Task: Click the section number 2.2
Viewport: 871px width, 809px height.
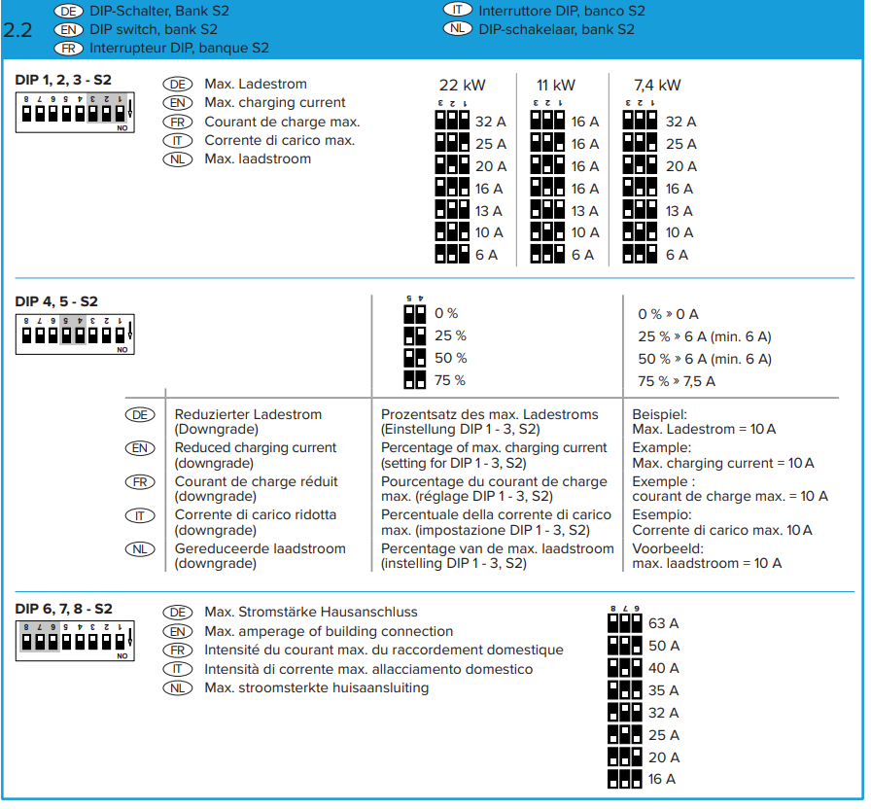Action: click(18, 29)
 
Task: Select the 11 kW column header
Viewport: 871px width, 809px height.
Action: click(555, 85)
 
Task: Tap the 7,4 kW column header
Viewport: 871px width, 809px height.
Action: click(657, 85)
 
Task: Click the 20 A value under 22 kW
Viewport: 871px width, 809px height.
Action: click(490, 166)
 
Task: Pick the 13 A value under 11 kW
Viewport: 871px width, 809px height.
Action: click(584, 211)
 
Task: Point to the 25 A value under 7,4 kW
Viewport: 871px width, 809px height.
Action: click(679, 144)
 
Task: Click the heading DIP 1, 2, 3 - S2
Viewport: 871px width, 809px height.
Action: click(64, 79)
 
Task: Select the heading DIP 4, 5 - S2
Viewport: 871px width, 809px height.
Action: click(56, 301)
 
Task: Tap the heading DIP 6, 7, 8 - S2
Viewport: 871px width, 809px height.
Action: click(64, 609)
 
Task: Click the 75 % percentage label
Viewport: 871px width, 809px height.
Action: click(449, 380)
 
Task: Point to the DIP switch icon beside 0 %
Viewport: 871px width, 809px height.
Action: click(415, 313)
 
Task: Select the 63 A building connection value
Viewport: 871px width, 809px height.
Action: click(663, 623)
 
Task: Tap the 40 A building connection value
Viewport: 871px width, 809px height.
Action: click(663, 668)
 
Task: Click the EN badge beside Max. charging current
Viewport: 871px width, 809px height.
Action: click(178, 103)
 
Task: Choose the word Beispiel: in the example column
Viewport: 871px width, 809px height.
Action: click(660, 414)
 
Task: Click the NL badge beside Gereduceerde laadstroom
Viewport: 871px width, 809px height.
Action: click(140, 549)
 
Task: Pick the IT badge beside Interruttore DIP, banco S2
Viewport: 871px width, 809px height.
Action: click(457, 11)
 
